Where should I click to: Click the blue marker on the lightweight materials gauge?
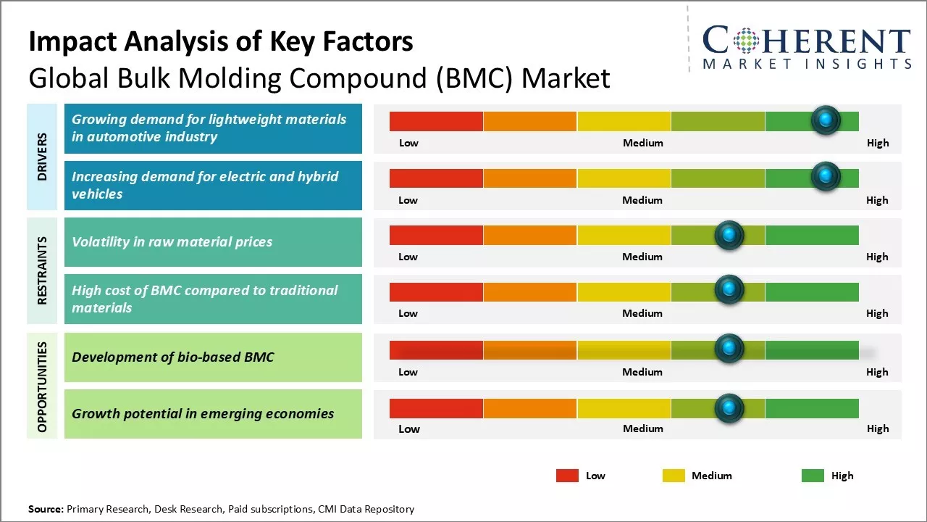[x=826, y=120]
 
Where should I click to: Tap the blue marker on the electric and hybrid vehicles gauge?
[x=826, y=177]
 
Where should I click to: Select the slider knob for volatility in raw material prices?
[x=729, y=235]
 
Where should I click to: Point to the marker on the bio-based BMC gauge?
[x=729, y=349]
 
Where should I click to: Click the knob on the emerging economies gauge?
[x=729, y=408]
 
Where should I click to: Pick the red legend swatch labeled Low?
[x=567, y=476]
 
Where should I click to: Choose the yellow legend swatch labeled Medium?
[x=674, y=476]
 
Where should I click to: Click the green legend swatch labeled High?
[x=813, y=476]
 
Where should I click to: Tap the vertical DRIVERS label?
[x=42, y=157]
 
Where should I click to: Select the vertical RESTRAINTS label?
[x=42, y=270]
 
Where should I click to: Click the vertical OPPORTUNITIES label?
[x=42, y=386]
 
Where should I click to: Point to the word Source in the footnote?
[x=46, y=509]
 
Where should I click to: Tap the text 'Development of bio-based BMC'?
[x=172, y=357]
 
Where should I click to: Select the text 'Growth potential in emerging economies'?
[x=203, y=414]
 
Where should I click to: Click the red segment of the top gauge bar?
[x=436, y=121]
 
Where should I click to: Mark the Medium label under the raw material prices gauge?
[x=642, y=257]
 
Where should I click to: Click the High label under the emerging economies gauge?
[x=878, y=428]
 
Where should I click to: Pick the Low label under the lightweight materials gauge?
[x=408, y=143]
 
